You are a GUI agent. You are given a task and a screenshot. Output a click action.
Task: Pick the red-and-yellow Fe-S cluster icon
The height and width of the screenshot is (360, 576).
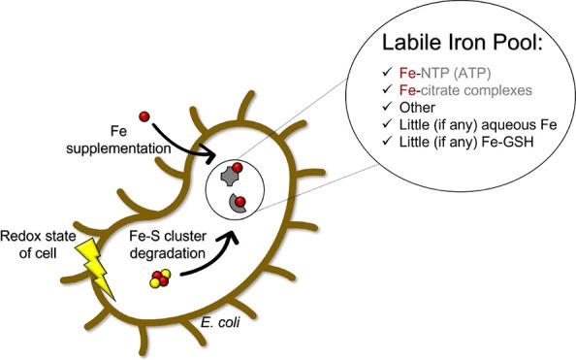click(x=159, y=281)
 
